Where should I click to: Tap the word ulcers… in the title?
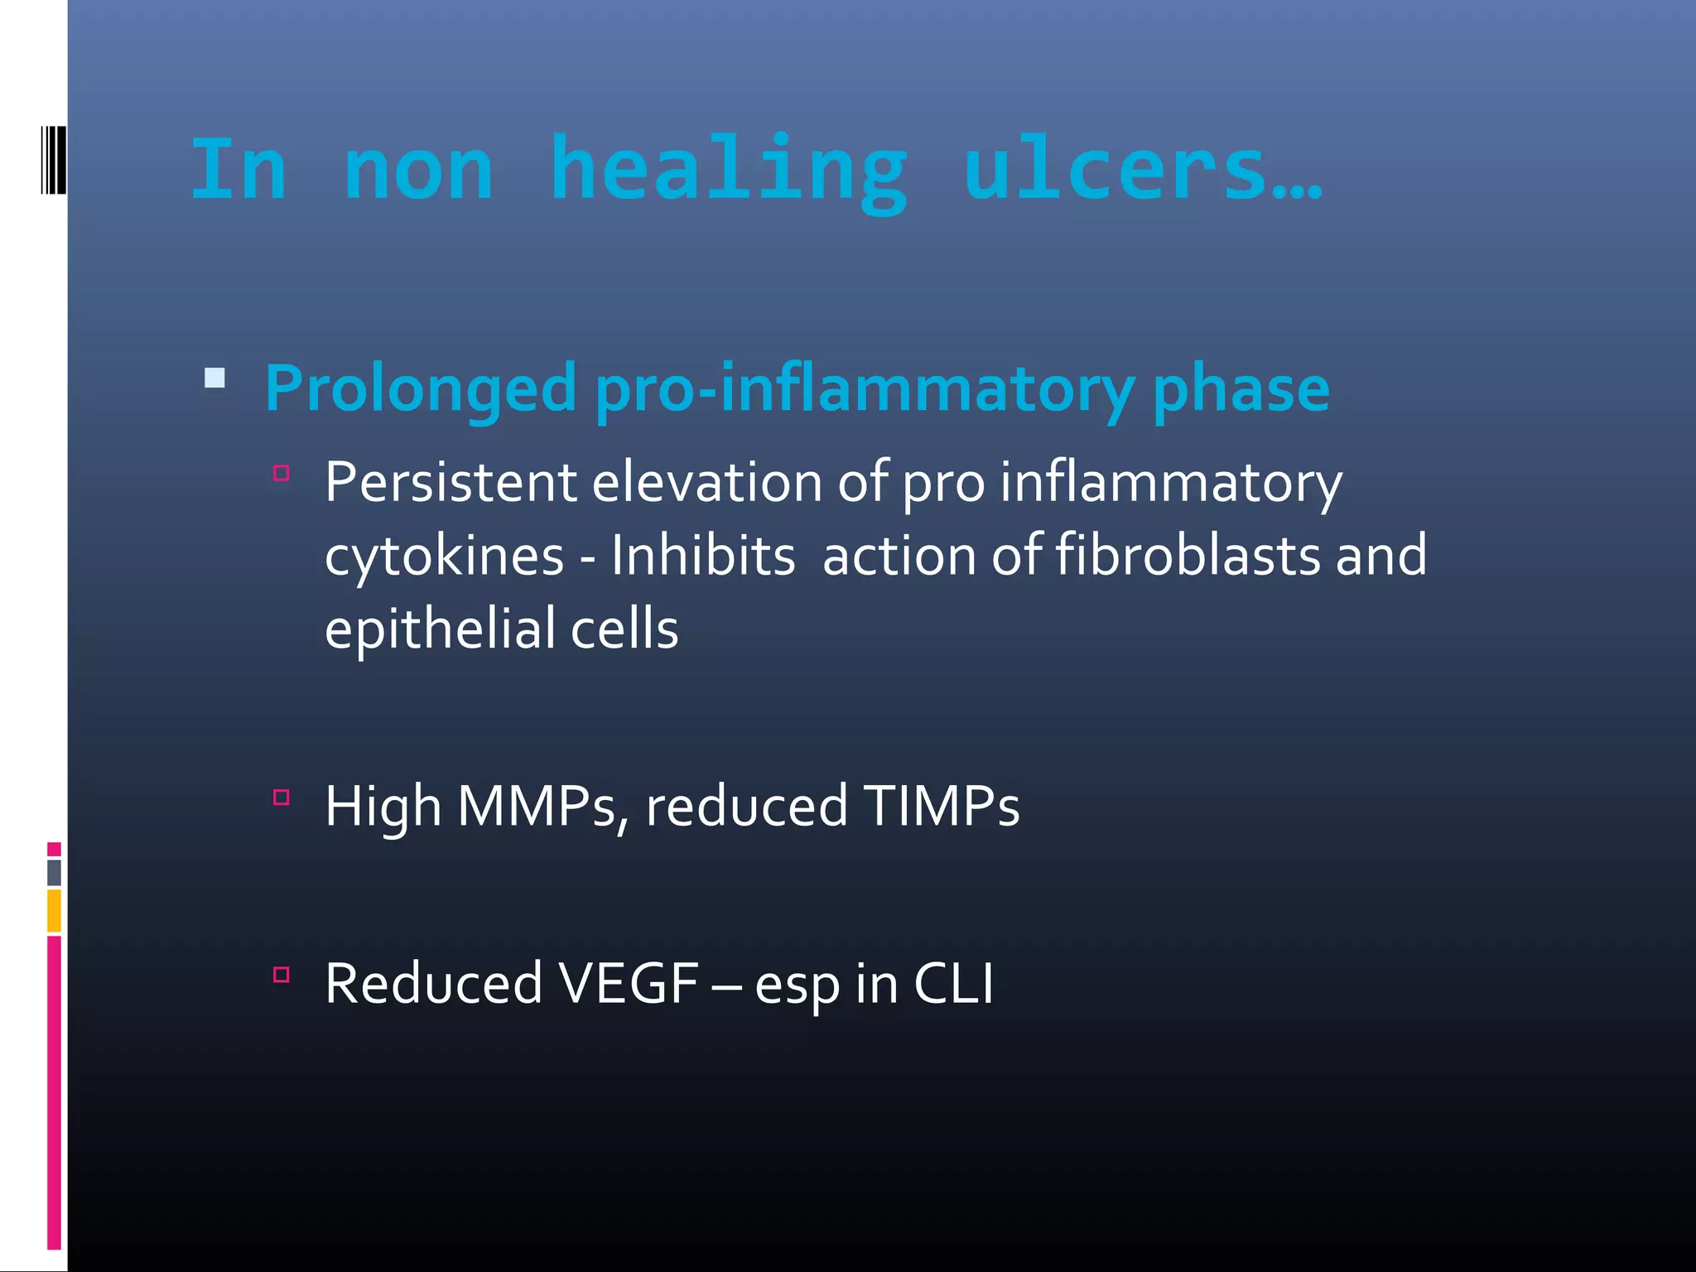click(1142, 170)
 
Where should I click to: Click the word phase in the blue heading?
click(1241, 389)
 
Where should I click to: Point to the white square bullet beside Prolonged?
click(214, 379)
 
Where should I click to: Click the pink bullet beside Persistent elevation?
click(282, 474)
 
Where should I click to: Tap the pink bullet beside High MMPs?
click(282, 797)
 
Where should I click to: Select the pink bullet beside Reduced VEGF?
click(282, 975)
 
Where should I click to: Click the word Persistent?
click(450, 482)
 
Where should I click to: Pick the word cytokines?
click(444, 556)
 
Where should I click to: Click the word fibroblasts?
click(1188, 555)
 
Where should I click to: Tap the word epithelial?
click(440, 629)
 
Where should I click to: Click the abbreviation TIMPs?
click(941, 806)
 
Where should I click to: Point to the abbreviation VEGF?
click(629, 984)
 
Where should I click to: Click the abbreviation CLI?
click(953, 984)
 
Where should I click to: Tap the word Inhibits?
click(703, 555)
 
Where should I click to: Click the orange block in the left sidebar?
click(54, 910)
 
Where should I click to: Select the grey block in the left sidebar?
click(54, 872)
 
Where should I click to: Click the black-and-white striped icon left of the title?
click(53, 160)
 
